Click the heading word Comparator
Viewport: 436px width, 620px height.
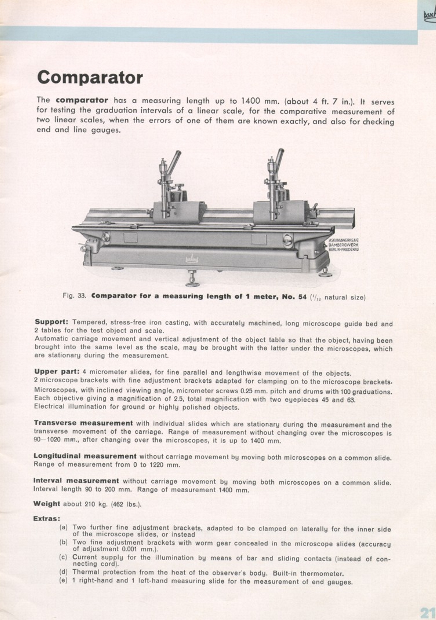coord(90,77)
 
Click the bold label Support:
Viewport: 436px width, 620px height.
coord(51,322)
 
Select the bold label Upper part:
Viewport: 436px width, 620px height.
coord(57,372)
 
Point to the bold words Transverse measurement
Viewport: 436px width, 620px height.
coord(83,423)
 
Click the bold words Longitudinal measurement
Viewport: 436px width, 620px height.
coord(85,456)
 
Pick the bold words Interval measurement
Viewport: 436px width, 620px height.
coord(76,481)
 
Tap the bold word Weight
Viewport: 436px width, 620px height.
coord(46,504)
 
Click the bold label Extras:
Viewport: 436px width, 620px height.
coord(47,518)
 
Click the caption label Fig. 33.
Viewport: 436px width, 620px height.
coord(74,296)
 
